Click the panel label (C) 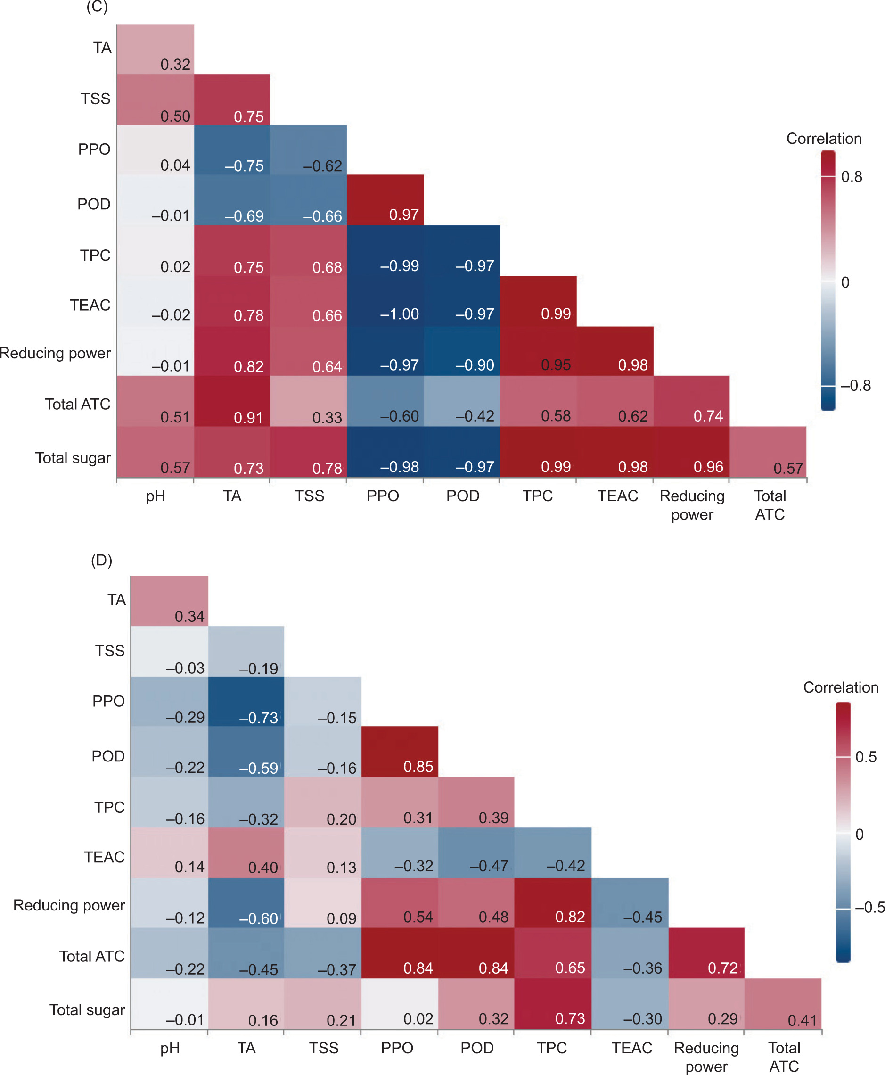tap(97, 7)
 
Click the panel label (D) tap(101, 561)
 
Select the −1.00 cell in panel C tap(385, 301)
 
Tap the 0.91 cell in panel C tap(232, 401)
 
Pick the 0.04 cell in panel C tap(156, 150)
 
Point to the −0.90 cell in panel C tap(461, 351)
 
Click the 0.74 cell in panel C tap(691, 401)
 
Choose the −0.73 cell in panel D tap(246, 702)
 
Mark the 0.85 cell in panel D tap(400, 752)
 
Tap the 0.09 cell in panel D tap(323, 903)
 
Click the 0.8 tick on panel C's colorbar tap(852, 177)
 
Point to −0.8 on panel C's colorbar tap(855, 386)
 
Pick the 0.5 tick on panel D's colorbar tap(866, 757)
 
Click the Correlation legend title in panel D tap(841, 687)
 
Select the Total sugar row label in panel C tap(73, 458)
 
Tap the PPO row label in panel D tap(108, 701)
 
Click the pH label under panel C tap(156, 496)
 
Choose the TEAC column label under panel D tap(631, 1048)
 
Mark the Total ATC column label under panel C tap(770, 505)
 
